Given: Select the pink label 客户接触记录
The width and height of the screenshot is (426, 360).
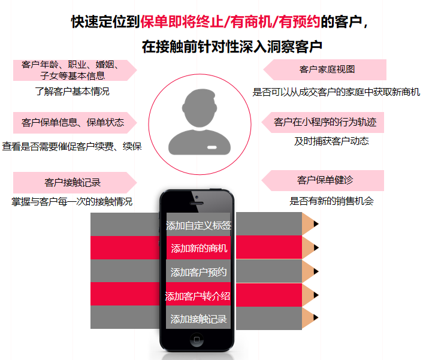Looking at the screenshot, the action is coord(72,183).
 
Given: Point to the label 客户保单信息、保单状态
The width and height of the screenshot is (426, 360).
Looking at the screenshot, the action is coord(72,122).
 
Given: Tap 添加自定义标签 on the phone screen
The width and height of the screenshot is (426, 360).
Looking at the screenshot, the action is coord(198,226).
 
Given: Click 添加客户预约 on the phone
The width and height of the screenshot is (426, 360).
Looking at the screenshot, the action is coord(198,272).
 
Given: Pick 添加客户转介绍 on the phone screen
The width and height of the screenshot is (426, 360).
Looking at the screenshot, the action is coord(198,295).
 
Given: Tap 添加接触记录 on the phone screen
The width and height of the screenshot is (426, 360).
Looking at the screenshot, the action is coord(198,319).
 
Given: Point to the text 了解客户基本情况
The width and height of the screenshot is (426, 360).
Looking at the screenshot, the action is coord(72,92).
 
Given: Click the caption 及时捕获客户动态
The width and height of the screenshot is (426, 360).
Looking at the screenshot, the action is coord(331,141).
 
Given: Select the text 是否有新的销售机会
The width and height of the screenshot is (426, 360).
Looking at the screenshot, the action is coord(331,201).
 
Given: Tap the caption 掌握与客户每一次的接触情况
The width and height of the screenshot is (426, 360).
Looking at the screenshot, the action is coord(72,201).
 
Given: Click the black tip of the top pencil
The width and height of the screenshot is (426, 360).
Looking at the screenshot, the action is coord(316,224).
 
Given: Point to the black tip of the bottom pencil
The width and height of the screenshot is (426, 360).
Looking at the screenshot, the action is coord(316,317).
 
